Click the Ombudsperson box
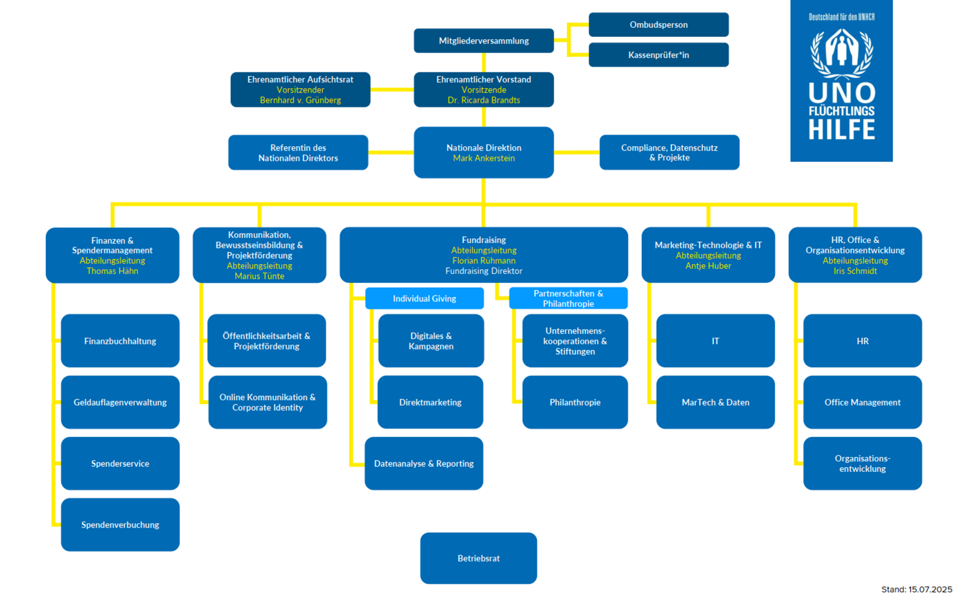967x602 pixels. coord(658,25)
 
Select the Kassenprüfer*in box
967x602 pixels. coord(658,55)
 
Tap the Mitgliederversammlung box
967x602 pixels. coord(483,41)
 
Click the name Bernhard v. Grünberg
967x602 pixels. coord(300,100)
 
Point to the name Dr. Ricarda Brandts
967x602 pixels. coord(483,100)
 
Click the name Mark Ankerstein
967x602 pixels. coord(483,158)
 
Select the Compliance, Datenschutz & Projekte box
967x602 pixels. coord(669,152)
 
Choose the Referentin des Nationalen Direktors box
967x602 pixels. coord(298,152)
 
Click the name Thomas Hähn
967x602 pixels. coord(112,271)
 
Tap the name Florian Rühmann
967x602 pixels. coord(483,261)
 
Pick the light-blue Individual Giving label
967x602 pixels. coord(424,299)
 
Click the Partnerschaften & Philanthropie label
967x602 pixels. coord(568,299)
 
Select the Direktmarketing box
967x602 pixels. coord(430,402)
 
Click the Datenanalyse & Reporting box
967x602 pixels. coord(424,464)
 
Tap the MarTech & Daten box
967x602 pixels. coord(715,402)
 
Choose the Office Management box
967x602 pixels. coord(862,402)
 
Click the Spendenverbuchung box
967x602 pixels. coord(120,525)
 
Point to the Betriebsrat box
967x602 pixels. coord(479,558)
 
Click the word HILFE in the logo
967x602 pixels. coord(841,130)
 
